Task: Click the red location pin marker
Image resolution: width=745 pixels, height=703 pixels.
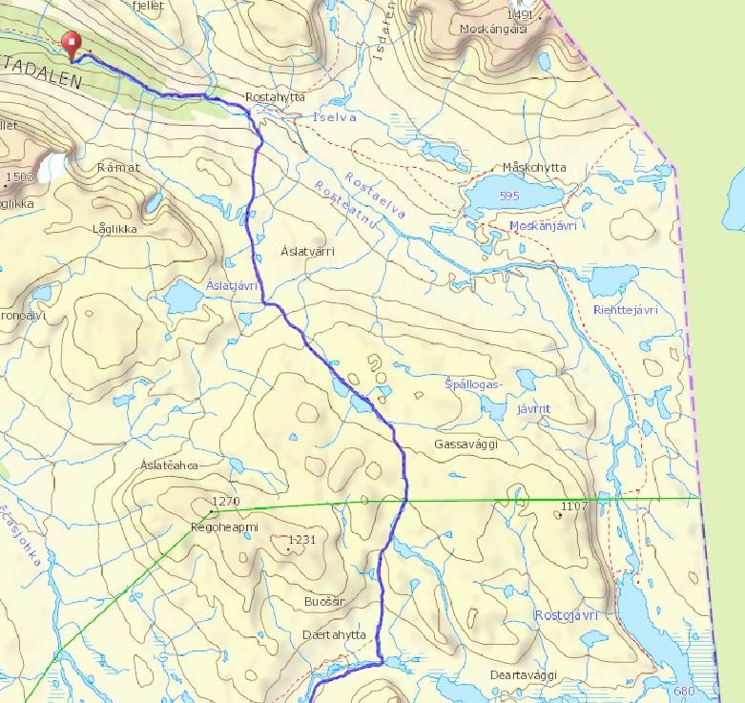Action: [70, 44]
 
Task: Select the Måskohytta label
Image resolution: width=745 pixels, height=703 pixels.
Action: [533, 168]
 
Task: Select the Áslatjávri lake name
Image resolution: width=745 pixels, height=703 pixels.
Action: [233, 285]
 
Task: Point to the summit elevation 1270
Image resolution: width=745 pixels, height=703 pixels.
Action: [225, 501]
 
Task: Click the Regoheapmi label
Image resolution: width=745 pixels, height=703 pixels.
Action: [225, 526]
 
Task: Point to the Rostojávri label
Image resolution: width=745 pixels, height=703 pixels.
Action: [566, 615]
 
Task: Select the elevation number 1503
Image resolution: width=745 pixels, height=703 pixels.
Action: [18, 177]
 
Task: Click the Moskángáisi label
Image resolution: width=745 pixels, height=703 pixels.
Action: [494, 30]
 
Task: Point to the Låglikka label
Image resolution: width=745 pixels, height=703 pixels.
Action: [115, 229]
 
